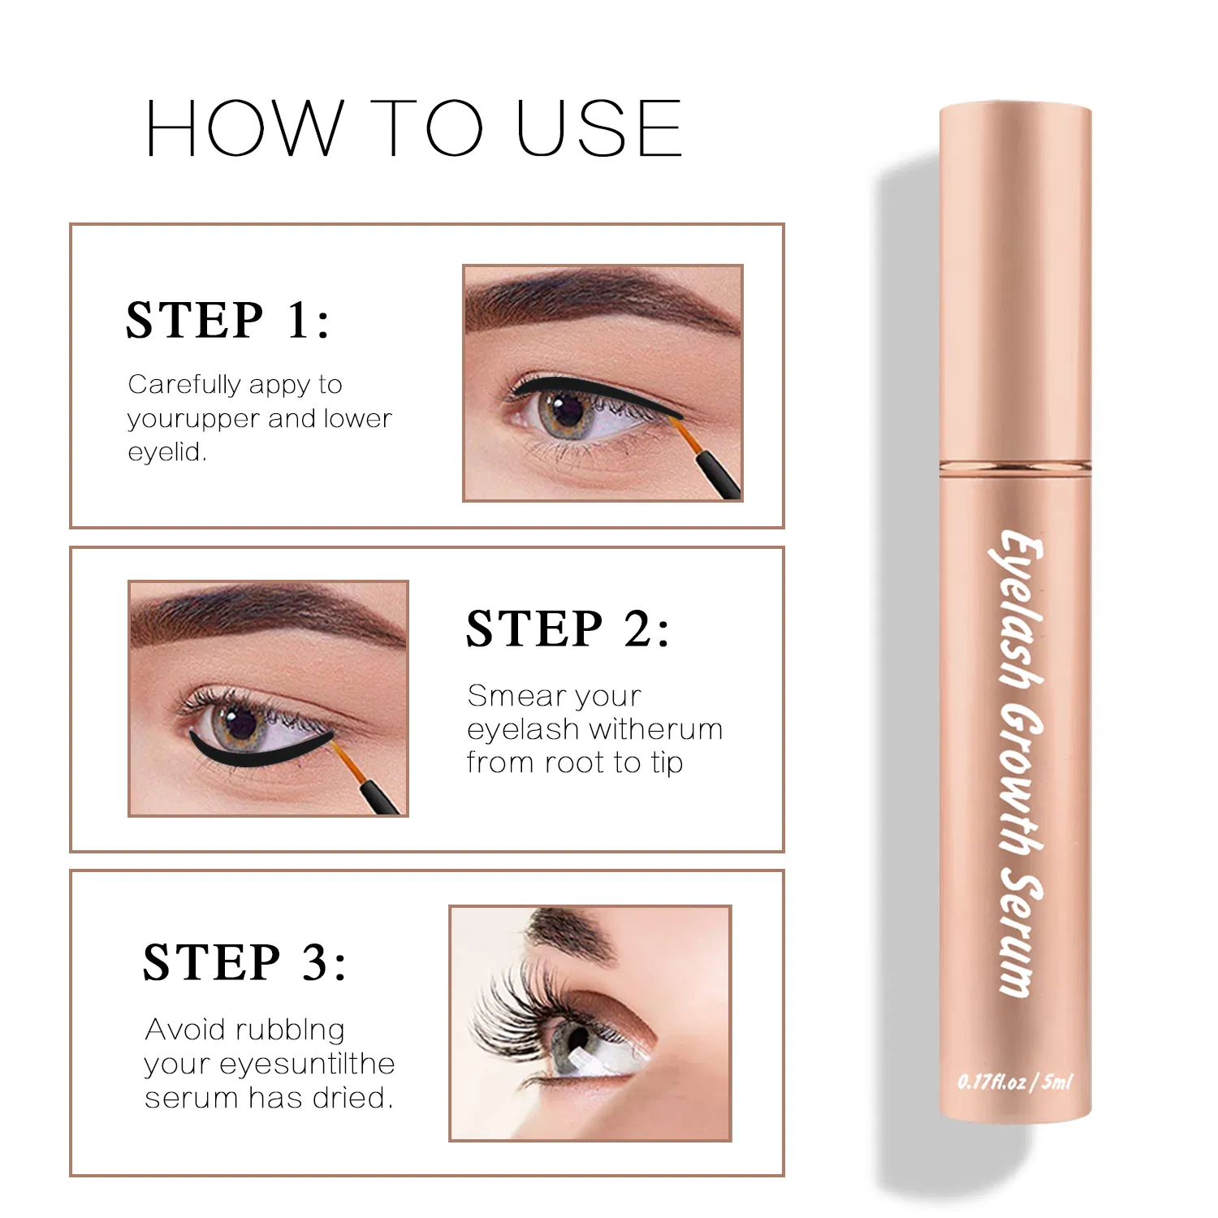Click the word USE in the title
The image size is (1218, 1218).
pos(598,128)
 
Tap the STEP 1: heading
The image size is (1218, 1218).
pos(228,320)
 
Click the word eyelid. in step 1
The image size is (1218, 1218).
pos(167,451)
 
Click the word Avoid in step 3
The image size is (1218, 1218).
pos(185,1030)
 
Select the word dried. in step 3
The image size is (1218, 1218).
pos(353,1098)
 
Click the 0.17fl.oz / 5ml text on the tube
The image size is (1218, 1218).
pos(1015,1082)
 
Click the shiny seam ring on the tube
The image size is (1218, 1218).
pos(1015,466)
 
